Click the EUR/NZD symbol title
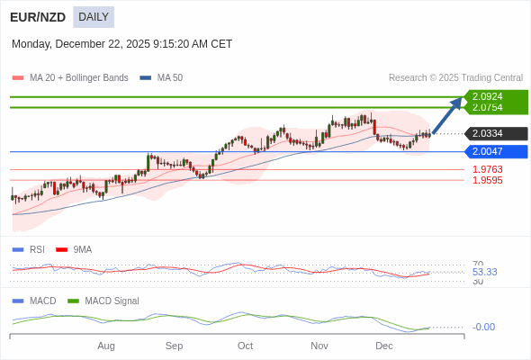click(38, 17)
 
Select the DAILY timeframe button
click(94, 17)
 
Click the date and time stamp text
click(121, 43)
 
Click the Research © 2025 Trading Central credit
click(455, 78)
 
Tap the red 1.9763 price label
click(487, 169)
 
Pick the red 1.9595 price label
click(487, 180)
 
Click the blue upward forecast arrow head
click(456, 103)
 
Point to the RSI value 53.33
click(484, 272)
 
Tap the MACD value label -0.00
click(483, 327)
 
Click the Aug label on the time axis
click(106, 346)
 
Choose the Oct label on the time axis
click(245, 346)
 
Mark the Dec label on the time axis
click(384, 346)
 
